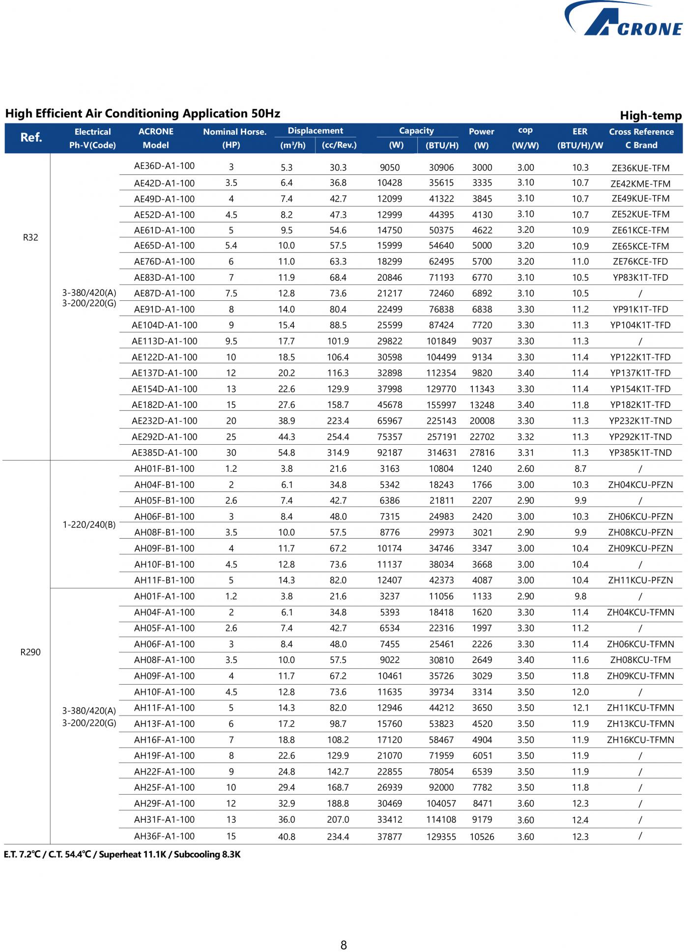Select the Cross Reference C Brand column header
click(x=641, y=138)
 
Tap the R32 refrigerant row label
click(x=30, y=237)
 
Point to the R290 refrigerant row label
click(x=30, y=652)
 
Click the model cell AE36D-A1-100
click(x=164, y=166)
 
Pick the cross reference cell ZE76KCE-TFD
click(x=640, y=261)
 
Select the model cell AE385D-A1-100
click(x=164, y=453)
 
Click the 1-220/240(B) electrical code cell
click(x=89, y=524)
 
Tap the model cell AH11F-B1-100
click(x=164, y=580)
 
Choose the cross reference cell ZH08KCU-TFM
click(x=640, y=660)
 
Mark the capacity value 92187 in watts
click(x=389, y=453)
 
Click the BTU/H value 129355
click(x=441, y=837)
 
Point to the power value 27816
click(x=482, y=453)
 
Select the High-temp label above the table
click(x=650, y=116)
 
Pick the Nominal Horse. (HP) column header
click(x=234, y=138)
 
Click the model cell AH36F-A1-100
click(x=164, y=836)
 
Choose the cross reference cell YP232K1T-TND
click(x=640, y=421)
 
